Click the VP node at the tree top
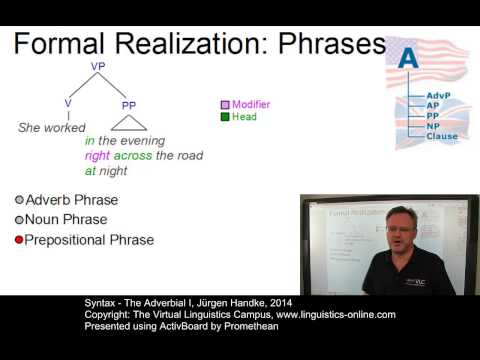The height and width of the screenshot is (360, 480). point(97,66)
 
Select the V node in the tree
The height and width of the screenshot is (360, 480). point(67,103)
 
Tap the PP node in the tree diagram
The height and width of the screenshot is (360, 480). point(129,104)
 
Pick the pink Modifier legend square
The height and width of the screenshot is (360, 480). point(226,104)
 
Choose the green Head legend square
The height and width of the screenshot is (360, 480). point(226,117)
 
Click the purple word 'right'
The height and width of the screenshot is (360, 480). point(97,156)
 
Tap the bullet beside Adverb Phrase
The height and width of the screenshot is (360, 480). point(19,200)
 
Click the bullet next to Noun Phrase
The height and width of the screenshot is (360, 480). point(19,220)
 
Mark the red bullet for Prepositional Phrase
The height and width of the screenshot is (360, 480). point(19,240)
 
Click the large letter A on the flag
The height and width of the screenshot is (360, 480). point(408,59)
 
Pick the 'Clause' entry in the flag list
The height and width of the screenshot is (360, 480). point(442,136)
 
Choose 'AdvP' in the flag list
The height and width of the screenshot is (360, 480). point(439,95)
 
